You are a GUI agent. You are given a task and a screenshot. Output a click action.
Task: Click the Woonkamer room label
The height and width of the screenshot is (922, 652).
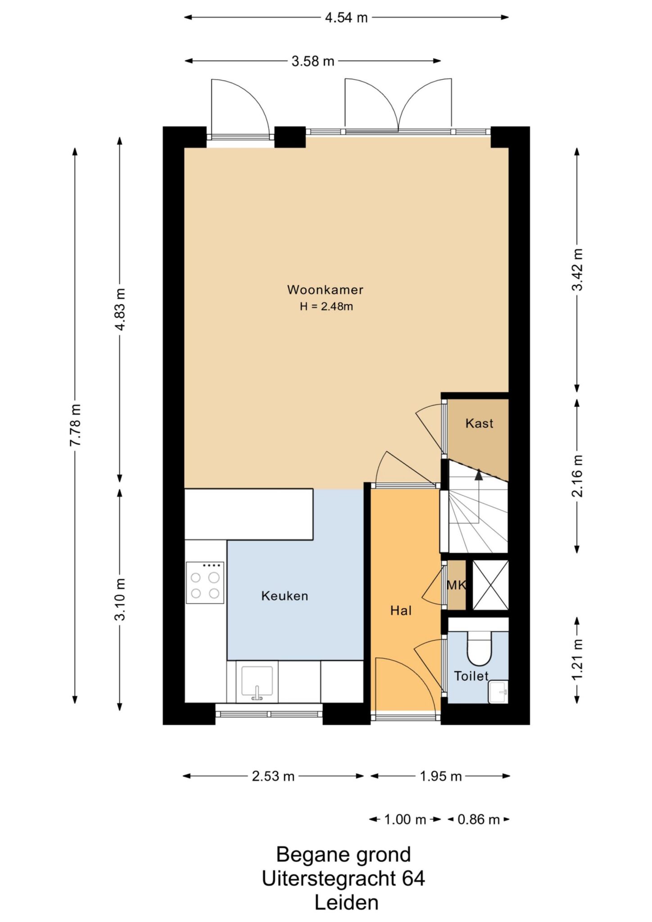coord(325,289)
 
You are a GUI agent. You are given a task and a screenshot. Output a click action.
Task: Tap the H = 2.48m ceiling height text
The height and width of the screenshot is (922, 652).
coord(326,307)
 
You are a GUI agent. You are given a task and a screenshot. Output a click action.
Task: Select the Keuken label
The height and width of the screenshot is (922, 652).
coord(285,596)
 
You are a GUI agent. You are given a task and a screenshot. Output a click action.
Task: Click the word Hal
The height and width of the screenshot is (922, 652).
coord(401,610)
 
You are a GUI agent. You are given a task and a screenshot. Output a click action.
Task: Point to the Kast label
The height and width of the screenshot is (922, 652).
coord(479,423)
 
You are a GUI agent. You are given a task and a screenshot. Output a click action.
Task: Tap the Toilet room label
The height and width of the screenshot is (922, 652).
coord(471,676)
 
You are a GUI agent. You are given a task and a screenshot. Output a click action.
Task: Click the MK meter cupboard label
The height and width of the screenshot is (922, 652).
coord(456,585)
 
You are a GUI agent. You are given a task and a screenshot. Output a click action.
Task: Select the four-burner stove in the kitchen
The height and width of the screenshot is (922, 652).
coord(205,583)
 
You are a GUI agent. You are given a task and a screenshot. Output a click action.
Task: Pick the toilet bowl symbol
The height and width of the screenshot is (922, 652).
coord(480,648)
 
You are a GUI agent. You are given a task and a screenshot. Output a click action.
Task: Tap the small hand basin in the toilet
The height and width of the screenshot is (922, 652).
coord(498,691)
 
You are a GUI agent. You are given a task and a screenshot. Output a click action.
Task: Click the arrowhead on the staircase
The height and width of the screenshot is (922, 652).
coord(478,473)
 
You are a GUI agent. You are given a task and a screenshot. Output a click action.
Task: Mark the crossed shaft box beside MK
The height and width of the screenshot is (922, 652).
coord(490,585)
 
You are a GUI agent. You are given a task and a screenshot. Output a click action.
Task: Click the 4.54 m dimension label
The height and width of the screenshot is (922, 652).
coord(346,18)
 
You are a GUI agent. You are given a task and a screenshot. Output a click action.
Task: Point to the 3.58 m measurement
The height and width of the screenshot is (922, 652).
coord(313,61)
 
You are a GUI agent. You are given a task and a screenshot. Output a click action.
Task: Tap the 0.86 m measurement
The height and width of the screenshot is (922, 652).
coord(479,819)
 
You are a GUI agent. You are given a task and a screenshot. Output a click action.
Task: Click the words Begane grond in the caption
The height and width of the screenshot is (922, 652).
coord(344,854)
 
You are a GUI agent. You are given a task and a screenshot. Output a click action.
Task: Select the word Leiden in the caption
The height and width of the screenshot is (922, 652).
coord(347,902)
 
